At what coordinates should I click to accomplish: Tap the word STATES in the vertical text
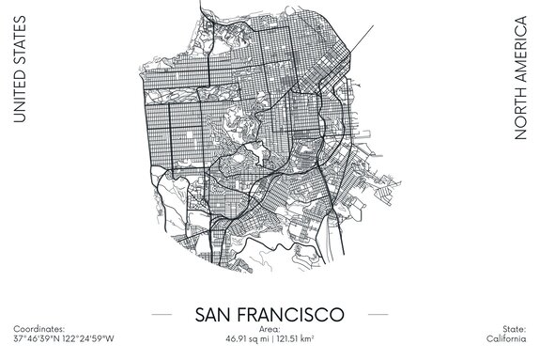pos(18,43)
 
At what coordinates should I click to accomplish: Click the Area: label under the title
pos(269,329)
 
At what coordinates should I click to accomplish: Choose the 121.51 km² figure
pos(296,337)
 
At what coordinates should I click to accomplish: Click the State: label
pos(512,329)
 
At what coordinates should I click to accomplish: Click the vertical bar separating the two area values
pos(270,337)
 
